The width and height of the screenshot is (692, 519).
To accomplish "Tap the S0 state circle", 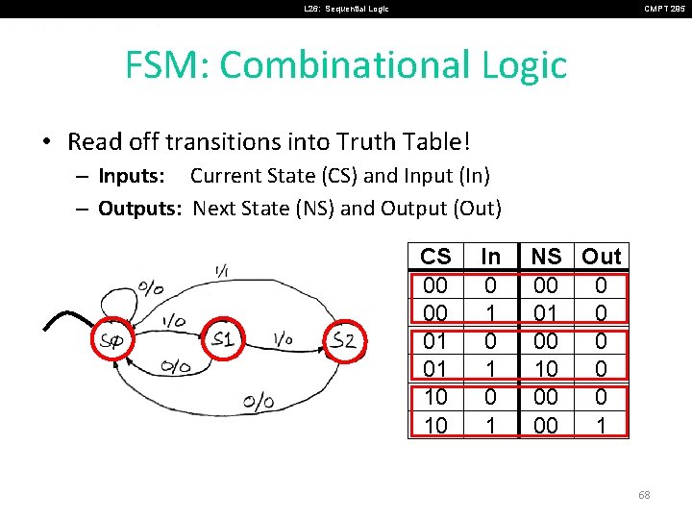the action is coord(112,340).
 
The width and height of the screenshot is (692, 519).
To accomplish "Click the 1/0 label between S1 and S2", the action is coord(283,339).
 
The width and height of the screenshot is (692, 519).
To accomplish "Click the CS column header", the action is coord(435,257).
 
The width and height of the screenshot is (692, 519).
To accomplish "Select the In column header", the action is coord(490,257).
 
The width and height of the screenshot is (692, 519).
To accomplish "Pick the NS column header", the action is coord(546,257).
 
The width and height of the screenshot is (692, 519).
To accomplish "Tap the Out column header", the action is coord(602,257).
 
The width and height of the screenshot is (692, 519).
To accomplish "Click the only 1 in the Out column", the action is coord(602,425).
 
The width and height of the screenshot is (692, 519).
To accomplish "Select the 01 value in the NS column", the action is coord(546,313).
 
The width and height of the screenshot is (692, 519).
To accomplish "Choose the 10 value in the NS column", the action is coord(546,369).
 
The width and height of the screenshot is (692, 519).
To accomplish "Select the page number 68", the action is coord(644,495).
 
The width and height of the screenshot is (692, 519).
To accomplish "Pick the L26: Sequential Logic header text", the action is coord(347,9).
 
